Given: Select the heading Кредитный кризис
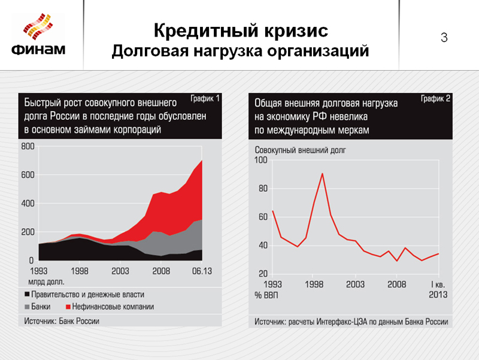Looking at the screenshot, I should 240,30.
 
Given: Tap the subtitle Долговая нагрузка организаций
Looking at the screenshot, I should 240,52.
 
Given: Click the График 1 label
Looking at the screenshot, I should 205,98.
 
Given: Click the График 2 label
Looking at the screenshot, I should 435,98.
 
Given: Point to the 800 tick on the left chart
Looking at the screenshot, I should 27,146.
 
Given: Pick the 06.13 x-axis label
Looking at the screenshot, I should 202,271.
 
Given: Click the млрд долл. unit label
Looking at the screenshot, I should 46,280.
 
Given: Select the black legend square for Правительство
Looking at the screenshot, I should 27,295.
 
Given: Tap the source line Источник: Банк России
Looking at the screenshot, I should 61,321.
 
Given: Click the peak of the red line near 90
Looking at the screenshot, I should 323,174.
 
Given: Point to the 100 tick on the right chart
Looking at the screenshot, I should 261,161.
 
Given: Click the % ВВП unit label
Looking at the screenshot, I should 267,295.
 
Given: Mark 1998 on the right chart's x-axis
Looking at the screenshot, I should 314,285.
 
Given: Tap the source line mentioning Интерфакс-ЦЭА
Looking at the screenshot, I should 351,322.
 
